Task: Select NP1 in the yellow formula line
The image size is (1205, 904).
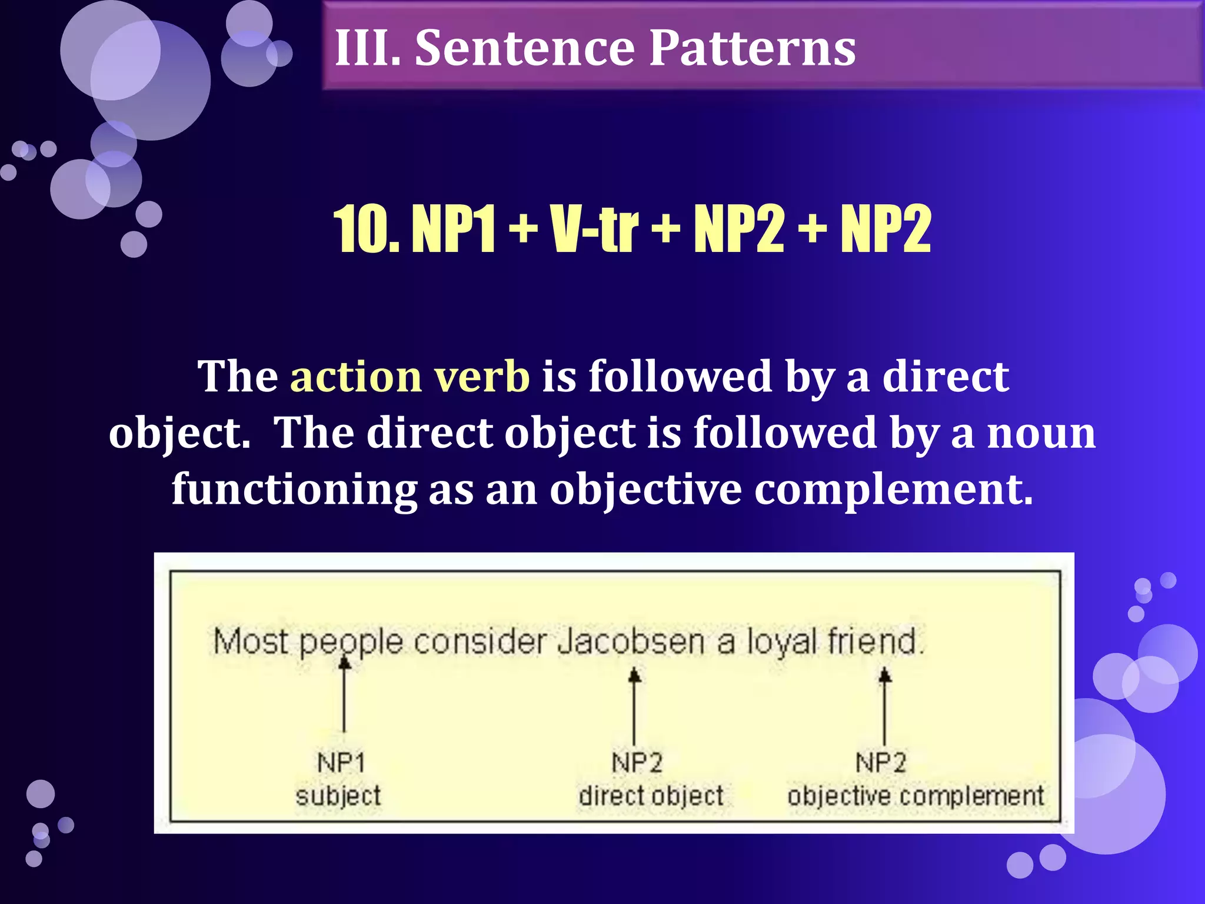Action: [x=452, y=229]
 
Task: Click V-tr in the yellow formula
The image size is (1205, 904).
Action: [x=594, y=229]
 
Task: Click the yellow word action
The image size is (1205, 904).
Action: [x=355, y=377]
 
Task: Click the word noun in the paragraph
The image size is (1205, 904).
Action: [x=1041, y=433]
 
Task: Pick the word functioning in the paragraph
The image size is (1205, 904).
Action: [x=294, y=490]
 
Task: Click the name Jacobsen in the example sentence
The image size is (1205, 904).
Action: [x=631, y=642]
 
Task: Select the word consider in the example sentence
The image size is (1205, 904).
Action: [x=480, y=642]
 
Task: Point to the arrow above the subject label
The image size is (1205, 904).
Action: [x=345, y=694]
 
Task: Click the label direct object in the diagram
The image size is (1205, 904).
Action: [x=651, y=796]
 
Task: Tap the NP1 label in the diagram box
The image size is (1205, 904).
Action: [x=341, y=763]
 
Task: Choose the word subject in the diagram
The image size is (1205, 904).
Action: [x=338, y=796]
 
